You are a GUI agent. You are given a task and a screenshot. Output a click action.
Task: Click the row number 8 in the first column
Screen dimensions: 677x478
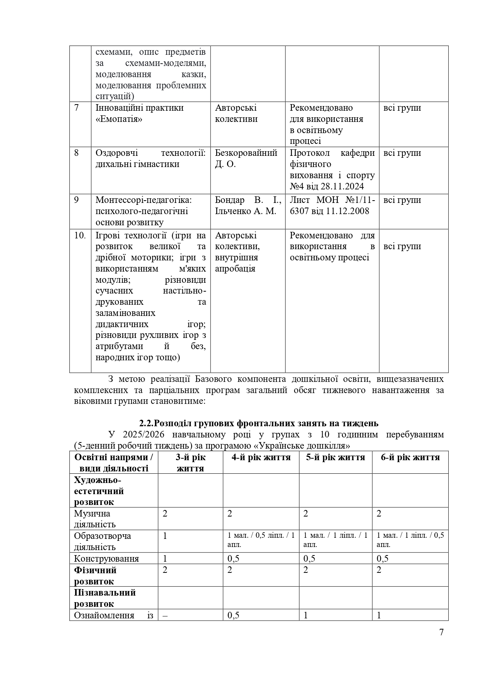pyautogui.click(x=76, y=153)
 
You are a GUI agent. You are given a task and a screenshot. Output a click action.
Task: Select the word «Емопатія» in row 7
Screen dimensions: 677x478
pyautogui.click(x=119, y=119)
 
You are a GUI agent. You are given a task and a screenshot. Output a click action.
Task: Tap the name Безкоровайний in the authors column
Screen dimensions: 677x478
pyautogui.click(x=246, y=153)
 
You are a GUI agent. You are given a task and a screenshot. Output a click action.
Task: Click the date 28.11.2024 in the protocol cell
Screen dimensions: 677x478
pyautogui.click(x=341, y=187)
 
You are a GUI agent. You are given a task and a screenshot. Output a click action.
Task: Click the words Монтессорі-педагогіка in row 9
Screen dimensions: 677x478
pyautogui.click(x=143, y=200)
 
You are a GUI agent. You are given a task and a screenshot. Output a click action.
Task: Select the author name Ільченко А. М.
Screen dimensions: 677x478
pyautogui.click(x=246, y=211)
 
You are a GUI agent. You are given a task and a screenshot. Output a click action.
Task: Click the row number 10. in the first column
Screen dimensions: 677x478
pyautogui.click(x=80, y=235)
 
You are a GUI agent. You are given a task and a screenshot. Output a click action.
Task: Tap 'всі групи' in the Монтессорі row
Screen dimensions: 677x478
pyautogui.click(x=402, y=200)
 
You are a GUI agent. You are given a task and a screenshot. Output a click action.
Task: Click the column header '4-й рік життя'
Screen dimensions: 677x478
pyautogui.click(x=261, y=458)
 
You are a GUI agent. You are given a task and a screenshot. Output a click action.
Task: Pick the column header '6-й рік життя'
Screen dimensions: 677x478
pyautogui.click(x=410, y=458)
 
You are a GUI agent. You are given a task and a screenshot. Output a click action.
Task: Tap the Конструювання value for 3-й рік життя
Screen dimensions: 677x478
pyautogui.click(x=165, y=559)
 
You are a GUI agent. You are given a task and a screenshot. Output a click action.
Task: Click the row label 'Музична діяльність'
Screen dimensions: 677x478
pyautogui.click(x=95, y=519)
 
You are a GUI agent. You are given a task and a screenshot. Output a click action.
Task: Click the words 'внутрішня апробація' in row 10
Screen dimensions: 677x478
pyautogui.click(x=236, y=263)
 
